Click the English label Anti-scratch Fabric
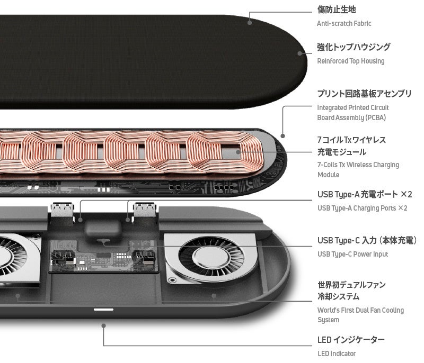(x=344, y=23)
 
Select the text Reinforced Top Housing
(x=350, y=61)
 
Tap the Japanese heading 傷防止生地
(x=336, y=10)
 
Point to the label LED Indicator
(x=337, y=353)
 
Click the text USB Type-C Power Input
(x=352, y=254)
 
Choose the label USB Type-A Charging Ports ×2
(x=362, y=208)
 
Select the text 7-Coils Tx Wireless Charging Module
(x=358, y=169)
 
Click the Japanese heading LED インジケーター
(x=351, y=340)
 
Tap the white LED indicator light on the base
(x=103, y=309)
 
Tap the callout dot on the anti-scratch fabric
(x=250, y=22)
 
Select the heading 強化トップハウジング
(x=354, y=47)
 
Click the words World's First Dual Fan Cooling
(x=360, y=310)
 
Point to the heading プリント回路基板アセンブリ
(x=364, y=94)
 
